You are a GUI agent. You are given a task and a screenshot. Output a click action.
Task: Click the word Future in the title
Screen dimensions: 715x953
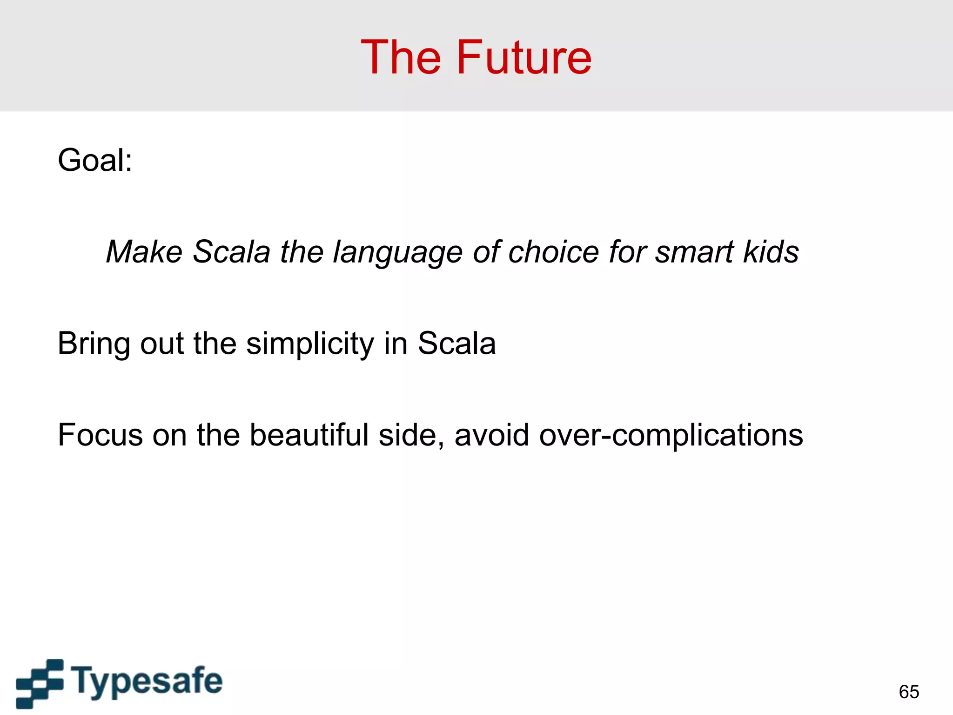[524, 58]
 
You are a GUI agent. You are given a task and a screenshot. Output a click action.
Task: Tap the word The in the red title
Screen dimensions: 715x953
[401, 58]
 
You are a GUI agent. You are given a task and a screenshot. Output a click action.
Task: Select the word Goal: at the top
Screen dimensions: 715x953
[95, 161]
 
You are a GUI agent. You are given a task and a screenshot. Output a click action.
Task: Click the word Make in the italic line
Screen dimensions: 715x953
[144, 252]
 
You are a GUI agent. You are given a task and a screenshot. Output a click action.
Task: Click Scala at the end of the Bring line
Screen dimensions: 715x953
[456, 344]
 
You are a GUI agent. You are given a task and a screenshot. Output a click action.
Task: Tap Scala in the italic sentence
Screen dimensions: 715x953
[231, 252]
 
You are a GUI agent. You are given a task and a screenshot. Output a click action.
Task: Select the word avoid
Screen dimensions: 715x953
[491, 435]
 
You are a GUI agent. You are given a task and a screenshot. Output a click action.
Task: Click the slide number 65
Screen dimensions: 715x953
[909, 692]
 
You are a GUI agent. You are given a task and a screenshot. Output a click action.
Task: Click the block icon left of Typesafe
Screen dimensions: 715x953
[40, 683]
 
